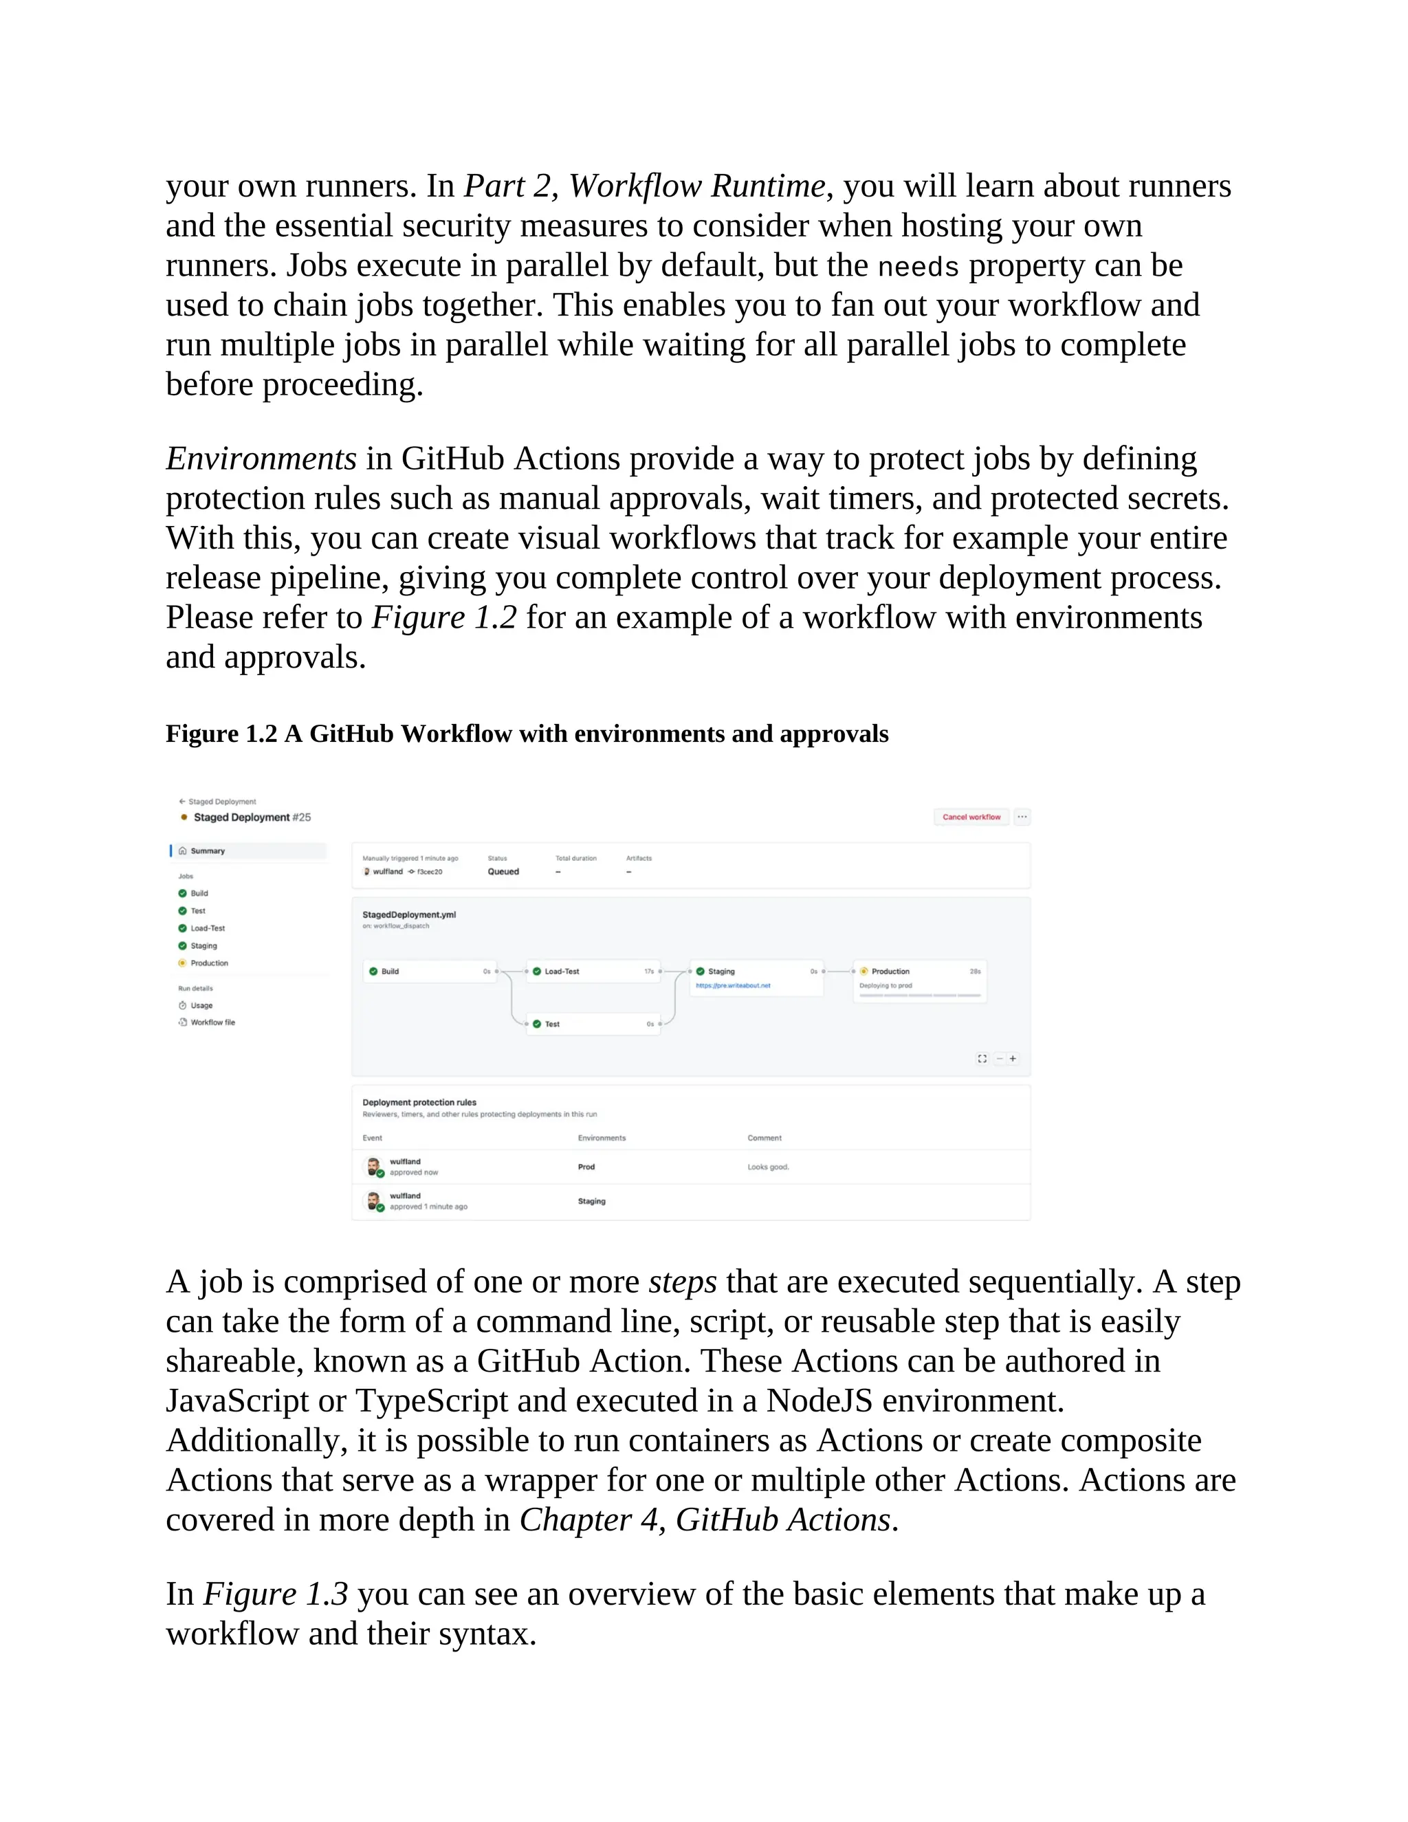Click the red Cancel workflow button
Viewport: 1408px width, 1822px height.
pyautogui.click(x=971, y=817)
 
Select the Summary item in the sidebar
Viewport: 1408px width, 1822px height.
pyautogui.click(x=208, y=851)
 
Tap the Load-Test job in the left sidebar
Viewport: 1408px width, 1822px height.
pyautogui.click(x=208, y=928)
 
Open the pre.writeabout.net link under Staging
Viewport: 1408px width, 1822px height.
pyautogui.click(x=733, y=985)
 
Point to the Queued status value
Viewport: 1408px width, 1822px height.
pyautogui.click(x=503, y=871)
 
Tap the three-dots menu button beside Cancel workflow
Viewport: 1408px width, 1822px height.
pyautogui.click(x=1022, y=817)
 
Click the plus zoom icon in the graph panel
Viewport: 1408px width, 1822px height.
pyautogui.click(x=1013, y=1059)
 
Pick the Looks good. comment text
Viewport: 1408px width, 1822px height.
pyautogui.click(x=768, y=1167)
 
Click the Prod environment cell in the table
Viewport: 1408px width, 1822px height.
pyautogui.click(x=586, y=1167)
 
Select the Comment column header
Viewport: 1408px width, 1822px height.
pyautogui.click(x=764, y=1138)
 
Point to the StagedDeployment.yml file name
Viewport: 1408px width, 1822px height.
pyautogui.click(x=409, y=914)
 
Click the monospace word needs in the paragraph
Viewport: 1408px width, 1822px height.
pyautogui.click(x=918, y=267)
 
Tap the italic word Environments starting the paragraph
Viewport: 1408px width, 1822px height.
pyautogui.click(x=261, y=459)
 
